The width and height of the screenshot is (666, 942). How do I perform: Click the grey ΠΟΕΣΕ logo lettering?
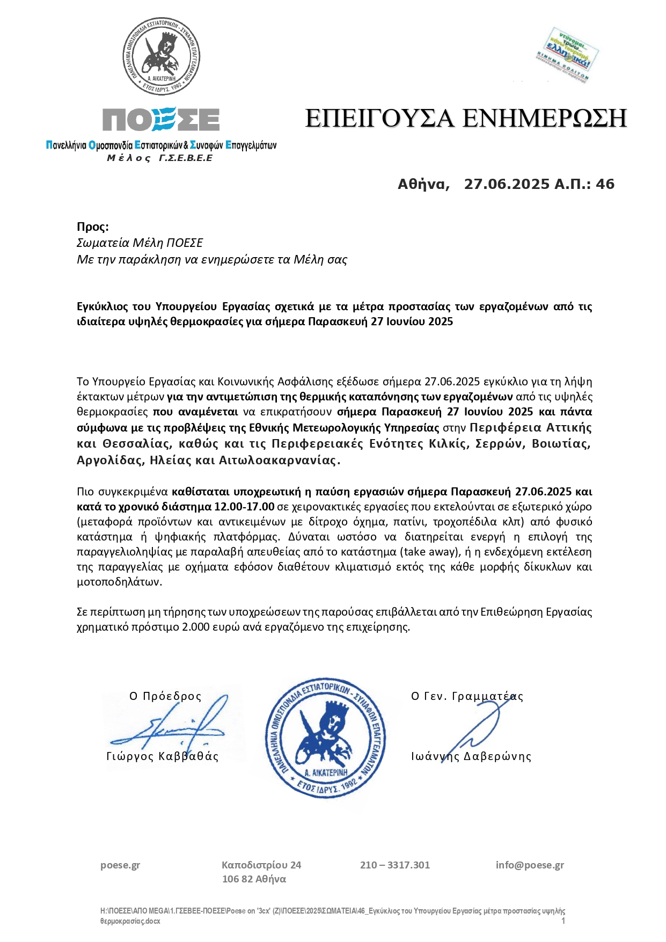[161, 119]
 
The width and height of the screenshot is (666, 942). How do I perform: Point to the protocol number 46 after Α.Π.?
[605, 185]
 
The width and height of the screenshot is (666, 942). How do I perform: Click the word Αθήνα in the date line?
[423, 185]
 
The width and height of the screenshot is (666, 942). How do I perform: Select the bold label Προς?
[92, 227]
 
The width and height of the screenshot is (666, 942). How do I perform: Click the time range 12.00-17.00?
[244, 507]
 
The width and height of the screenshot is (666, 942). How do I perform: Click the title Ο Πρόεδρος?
[165, 696]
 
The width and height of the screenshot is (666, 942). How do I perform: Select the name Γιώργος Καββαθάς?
[163, 756]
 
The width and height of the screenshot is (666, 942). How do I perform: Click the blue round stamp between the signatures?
[326, 738]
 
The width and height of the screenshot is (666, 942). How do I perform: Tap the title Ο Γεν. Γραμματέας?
[467, 696]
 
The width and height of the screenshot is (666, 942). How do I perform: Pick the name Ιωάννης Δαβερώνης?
[471, 756]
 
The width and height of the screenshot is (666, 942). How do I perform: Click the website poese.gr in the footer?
[120, 865]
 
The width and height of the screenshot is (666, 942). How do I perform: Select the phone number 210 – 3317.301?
[395, 865]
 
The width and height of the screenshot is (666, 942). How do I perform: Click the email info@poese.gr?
[530, 865]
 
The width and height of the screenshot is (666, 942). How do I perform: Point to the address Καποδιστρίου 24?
[261, 865]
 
